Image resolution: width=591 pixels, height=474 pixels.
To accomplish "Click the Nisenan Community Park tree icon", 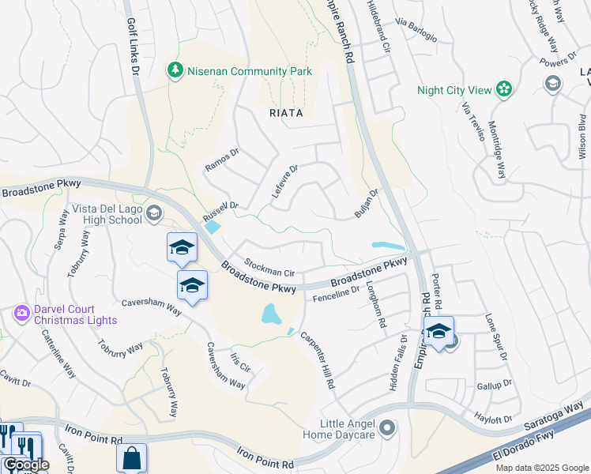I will pos(175,70).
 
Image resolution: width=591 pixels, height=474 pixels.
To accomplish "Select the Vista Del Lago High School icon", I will pos(154,213).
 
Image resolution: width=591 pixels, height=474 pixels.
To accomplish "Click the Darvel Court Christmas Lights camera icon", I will pos(22,314).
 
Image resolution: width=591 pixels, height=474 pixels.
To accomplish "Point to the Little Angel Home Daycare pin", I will pos(387,429).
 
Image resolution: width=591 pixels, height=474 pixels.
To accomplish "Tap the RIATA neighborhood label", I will pos(286,113).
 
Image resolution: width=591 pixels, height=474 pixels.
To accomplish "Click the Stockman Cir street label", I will pos(269,267).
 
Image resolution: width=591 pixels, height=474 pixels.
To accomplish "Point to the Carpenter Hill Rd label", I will pos(318,358).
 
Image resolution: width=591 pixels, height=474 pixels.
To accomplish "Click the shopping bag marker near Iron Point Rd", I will pos(132,457).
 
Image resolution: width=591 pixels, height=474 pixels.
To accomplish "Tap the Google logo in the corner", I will pos(25,465).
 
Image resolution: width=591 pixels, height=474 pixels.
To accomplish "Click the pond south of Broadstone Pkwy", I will pos(272,314).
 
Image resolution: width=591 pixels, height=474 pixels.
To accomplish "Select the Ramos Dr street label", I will pos(222,160).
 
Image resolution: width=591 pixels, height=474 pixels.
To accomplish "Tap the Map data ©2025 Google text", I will pos(541,468).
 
